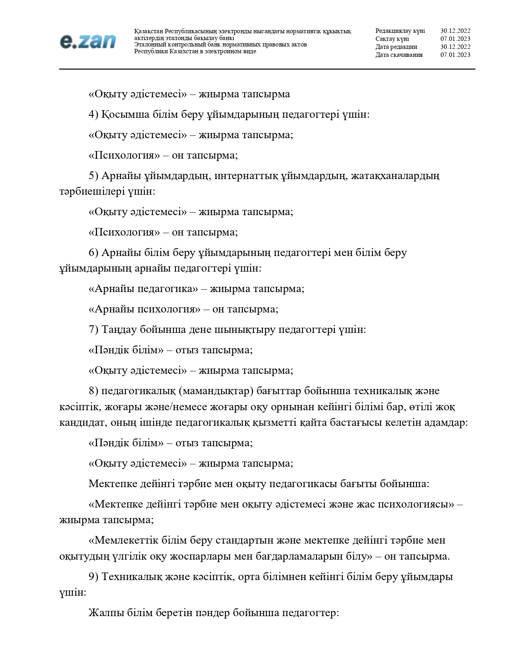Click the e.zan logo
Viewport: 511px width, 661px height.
point(88,42)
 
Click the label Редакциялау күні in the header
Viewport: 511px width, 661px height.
point(400,31)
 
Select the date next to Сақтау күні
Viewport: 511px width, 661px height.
point(455,39)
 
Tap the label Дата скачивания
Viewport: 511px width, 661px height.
point(399,55)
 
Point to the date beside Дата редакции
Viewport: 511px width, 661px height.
point(455,47)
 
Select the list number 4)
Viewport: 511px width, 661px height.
point(93,115)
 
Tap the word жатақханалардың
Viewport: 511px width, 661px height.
point(395,175)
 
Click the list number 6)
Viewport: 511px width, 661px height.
point(93,253)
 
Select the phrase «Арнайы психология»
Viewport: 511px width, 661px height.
point(144,309)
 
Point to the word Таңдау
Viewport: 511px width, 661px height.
point(119,330)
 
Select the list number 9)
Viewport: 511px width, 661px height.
point(93,577)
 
